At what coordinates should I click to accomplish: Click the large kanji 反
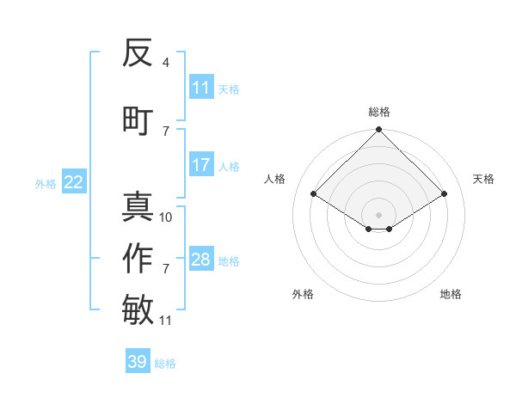coord(138,54)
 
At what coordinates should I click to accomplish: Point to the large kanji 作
coord(138,259)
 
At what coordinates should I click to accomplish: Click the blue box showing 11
coord(201,88)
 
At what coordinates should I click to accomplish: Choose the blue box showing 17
coord(201,165)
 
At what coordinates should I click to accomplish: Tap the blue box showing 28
coord(201,260)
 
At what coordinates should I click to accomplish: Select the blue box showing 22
coord(74,182)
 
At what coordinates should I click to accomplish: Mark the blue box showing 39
coord(138,362)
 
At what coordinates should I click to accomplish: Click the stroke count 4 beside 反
coord(166,63)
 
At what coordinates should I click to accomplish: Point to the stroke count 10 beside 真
coord(166,217)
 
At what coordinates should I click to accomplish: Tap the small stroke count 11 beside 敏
coord(166,321)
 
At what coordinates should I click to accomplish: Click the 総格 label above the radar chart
coord(379,112)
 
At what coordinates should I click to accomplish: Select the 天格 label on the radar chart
coord(483,179)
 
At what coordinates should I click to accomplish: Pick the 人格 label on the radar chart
coord(275,179)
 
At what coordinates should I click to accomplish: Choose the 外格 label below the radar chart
coord(303,294)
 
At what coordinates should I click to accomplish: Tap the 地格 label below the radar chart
coord(451,294)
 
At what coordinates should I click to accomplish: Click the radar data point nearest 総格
coord(378,131)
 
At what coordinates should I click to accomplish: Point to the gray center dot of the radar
coord(378,213)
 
